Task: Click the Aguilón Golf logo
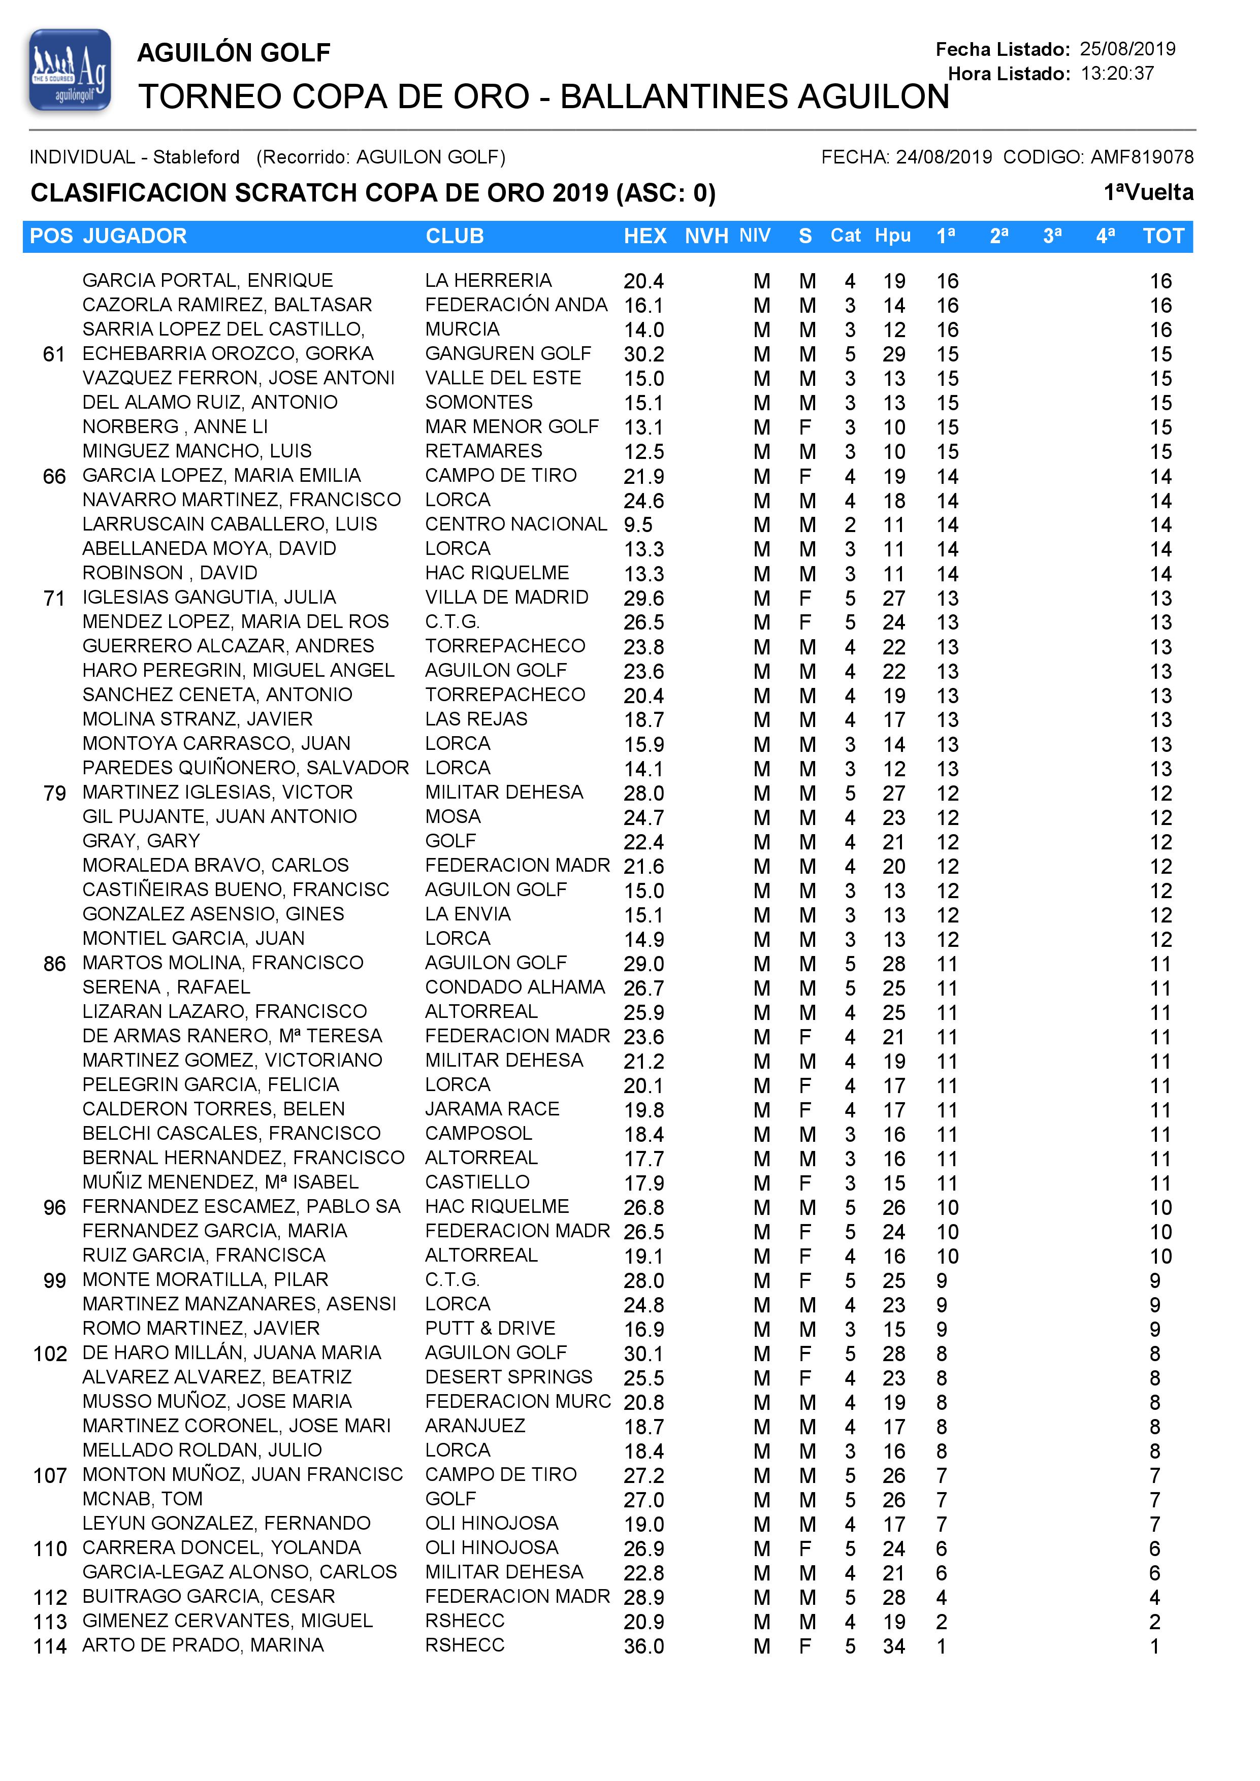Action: pyautogui.click(x=70, y=71)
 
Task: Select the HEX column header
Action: pyautogui.click(x=645, y=237)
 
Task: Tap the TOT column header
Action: pyautogui.click(x=1163, y=237)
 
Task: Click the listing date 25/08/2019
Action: pyautogui.click(x=1127, y=49)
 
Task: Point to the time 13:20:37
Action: pyautogui.click(x=1117, y=74)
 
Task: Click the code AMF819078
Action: pyautogui.click(x=1142, y=157)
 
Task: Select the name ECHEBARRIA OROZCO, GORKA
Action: pyautogui.click(x=228, y=354)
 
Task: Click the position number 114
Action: pyautogui.click(x=50, y=1646)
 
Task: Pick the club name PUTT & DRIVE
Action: pyautogui.click(x=491, y=1329)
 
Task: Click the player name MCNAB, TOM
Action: pyautogui.click(x=143, y=1499)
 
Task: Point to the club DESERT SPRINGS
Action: pyautogui.click(x=509, y=1378)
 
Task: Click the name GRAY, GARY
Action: pyautogui.click(x=141, y=842)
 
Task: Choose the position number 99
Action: pyautogui.click(x=54, y=1281)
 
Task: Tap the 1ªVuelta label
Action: pyautogui.click(x=1148, y=192)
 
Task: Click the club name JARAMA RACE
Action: pyautogui.click(x=493, y=1109)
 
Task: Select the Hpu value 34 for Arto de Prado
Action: pyautogui.click(x=894, y=1646)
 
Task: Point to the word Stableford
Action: pyautogui.click(x=197, y=157)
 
